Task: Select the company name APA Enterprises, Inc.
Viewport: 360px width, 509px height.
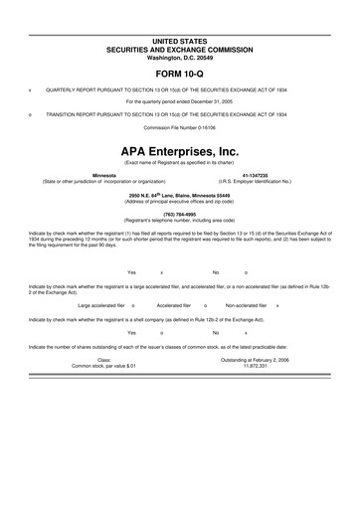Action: (x=180, y=150)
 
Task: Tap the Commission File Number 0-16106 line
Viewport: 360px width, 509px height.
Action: (x=180, y=128)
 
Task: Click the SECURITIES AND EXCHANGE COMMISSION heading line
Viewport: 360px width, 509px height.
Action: (x=180, y=48)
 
